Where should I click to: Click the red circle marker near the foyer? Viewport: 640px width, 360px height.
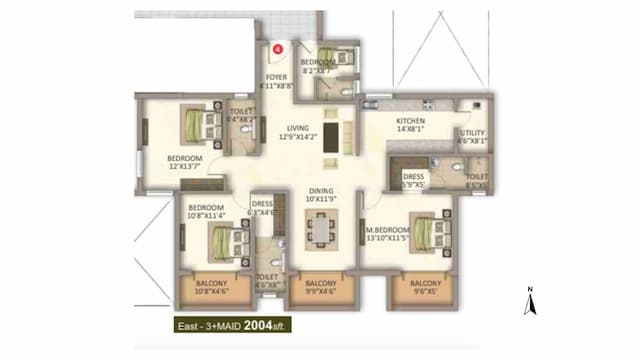[279, 45]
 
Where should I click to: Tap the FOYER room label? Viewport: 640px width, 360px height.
[277, 77]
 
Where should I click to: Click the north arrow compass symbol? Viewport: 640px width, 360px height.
[532, 300]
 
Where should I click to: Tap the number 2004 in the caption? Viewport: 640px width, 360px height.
[249, 325]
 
